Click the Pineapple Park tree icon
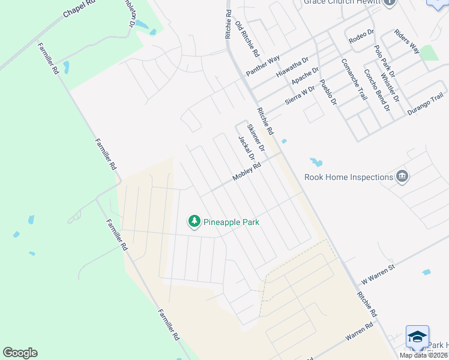194,222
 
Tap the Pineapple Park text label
231,222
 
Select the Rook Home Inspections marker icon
402,176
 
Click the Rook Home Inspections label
349,177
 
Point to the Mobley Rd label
247,173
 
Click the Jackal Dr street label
247,148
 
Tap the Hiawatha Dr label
292,67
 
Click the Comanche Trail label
354,79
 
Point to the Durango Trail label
425,104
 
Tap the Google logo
20,352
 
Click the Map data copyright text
423,355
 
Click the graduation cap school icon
417,337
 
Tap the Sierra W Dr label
300,95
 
